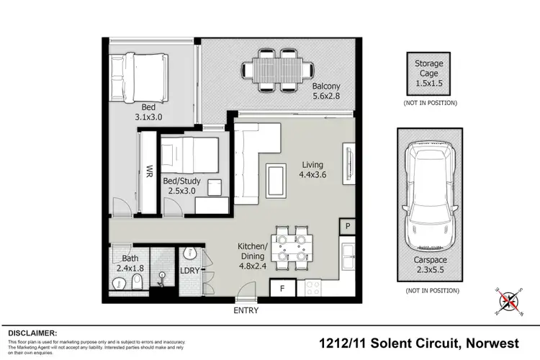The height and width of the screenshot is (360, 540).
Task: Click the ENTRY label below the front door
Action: click(x=246, y=310)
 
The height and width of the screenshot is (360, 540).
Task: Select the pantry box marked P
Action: click(x=348, y=226)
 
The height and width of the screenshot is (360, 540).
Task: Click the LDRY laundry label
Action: click(x=189, y=270)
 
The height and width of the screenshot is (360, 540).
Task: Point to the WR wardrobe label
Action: click(x=149, y=173)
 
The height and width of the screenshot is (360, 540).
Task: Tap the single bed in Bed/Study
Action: click(x=190, y=153)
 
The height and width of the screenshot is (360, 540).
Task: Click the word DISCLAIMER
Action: click(x=32, y=333)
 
